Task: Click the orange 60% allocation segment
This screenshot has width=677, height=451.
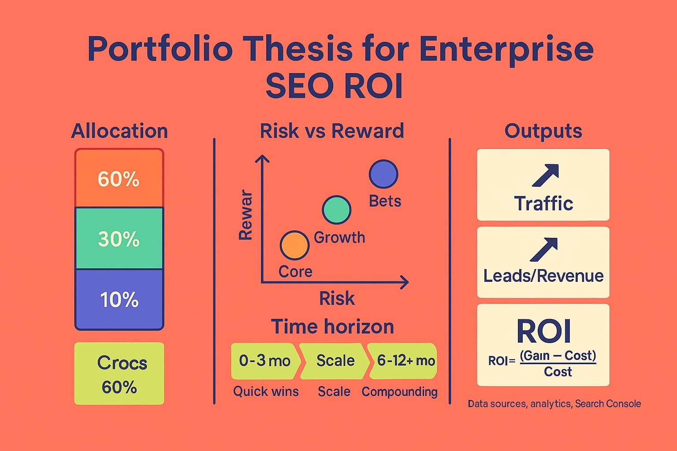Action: (x=119, y=178)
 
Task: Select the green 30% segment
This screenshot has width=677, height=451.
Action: (x=119, y=238)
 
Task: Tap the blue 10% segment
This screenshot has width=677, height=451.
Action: (x=119, y=299)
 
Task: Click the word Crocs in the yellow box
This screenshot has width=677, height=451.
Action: (x=122, y=363)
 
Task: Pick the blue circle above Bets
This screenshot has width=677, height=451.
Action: (x=383, y=174)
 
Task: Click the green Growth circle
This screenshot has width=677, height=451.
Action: (x=337, y=210)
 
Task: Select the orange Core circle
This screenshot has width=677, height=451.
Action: (x=294, y=245)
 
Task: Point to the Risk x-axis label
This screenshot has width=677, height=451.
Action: (x=337, y=299)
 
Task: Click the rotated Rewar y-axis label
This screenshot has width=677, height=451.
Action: (x=246, y=215)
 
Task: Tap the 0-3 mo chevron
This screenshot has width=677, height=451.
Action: (x=264, y=361)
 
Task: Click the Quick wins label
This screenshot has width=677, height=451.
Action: (x=266, y=392)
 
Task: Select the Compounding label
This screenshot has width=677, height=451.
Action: (x=399, y=392)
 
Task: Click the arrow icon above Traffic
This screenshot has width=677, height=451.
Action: (x=545, y=175)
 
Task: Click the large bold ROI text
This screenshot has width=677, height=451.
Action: (x=544, y=331)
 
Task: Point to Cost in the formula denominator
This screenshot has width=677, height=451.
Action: (x=558, y=372)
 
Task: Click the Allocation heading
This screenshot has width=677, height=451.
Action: (x=119, y=131)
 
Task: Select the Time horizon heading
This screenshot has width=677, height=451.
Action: (x=332, y=327)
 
